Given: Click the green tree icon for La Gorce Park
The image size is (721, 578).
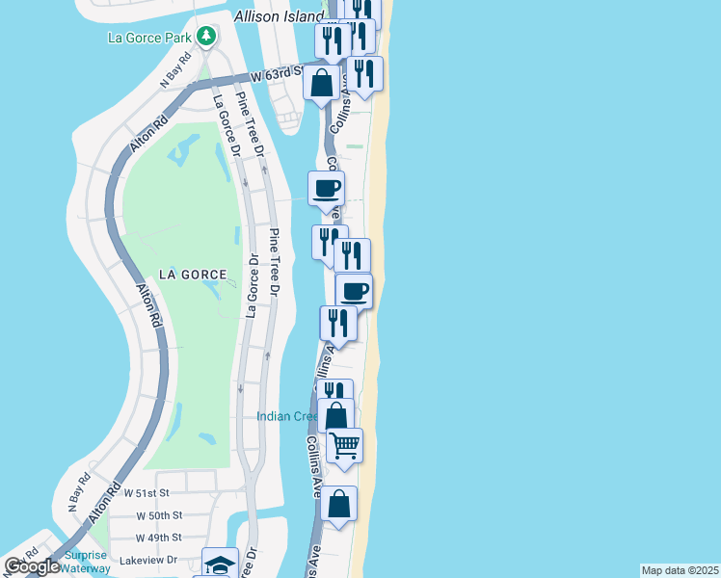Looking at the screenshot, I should [205, 37].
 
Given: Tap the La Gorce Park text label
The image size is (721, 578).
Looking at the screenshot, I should [149, 39].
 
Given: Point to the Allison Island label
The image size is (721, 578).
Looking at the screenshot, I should [280, 17].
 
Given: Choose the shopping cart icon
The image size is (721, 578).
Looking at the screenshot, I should [344, 445].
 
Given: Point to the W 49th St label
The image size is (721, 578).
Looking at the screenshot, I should [158, 538].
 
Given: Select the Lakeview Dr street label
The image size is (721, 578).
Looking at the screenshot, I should [145, 559].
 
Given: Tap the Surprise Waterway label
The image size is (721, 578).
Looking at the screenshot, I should [85, 563].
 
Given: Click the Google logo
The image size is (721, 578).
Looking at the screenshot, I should [33, 566].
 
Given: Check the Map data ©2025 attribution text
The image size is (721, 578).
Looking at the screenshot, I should [681, 570].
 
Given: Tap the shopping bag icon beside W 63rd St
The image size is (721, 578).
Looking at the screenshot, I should [322, 83].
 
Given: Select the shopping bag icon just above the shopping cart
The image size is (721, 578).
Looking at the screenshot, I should [336, 415].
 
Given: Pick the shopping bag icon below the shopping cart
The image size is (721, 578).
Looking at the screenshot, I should [339, 504].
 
